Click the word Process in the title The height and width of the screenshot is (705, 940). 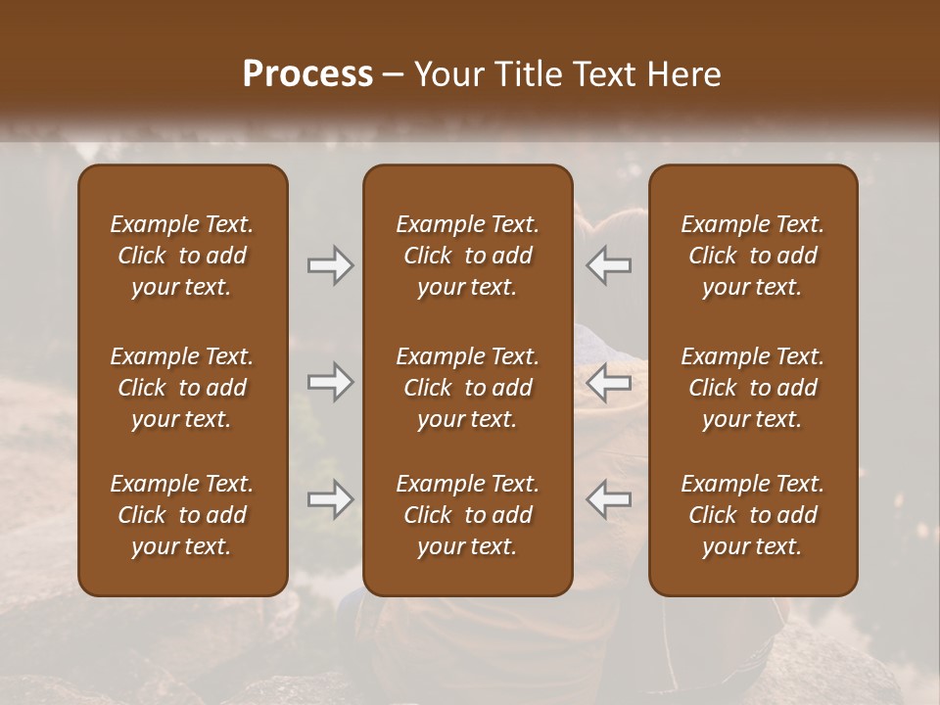(x=307, y=74)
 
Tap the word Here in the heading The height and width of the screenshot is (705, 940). (x=684, y=74)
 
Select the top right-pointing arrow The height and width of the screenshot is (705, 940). (x=331, y=264)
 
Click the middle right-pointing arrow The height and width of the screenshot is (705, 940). (x=331, y=382)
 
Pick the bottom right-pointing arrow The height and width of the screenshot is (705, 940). (x=331, y=499)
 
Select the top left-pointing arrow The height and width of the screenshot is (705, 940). (x=609, y=264)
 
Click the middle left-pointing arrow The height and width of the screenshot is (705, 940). (x=609, y=382)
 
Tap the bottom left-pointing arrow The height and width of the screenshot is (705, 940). (x=609, y=499)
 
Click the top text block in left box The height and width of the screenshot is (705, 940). (x=182, y=256)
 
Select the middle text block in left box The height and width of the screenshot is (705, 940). (x=182, y=388)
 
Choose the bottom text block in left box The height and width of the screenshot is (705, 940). (x=182, y=515)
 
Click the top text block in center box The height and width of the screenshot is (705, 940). (x=467, y=256)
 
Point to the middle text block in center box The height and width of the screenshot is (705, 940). (x=467, y=388)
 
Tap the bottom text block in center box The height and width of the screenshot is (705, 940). (x=467, y=515)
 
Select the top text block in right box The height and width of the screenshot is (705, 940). (x=753, y=256)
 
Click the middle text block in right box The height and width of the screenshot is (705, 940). (x=753, y=388)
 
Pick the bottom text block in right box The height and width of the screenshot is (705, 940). (x=753, y=515)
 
